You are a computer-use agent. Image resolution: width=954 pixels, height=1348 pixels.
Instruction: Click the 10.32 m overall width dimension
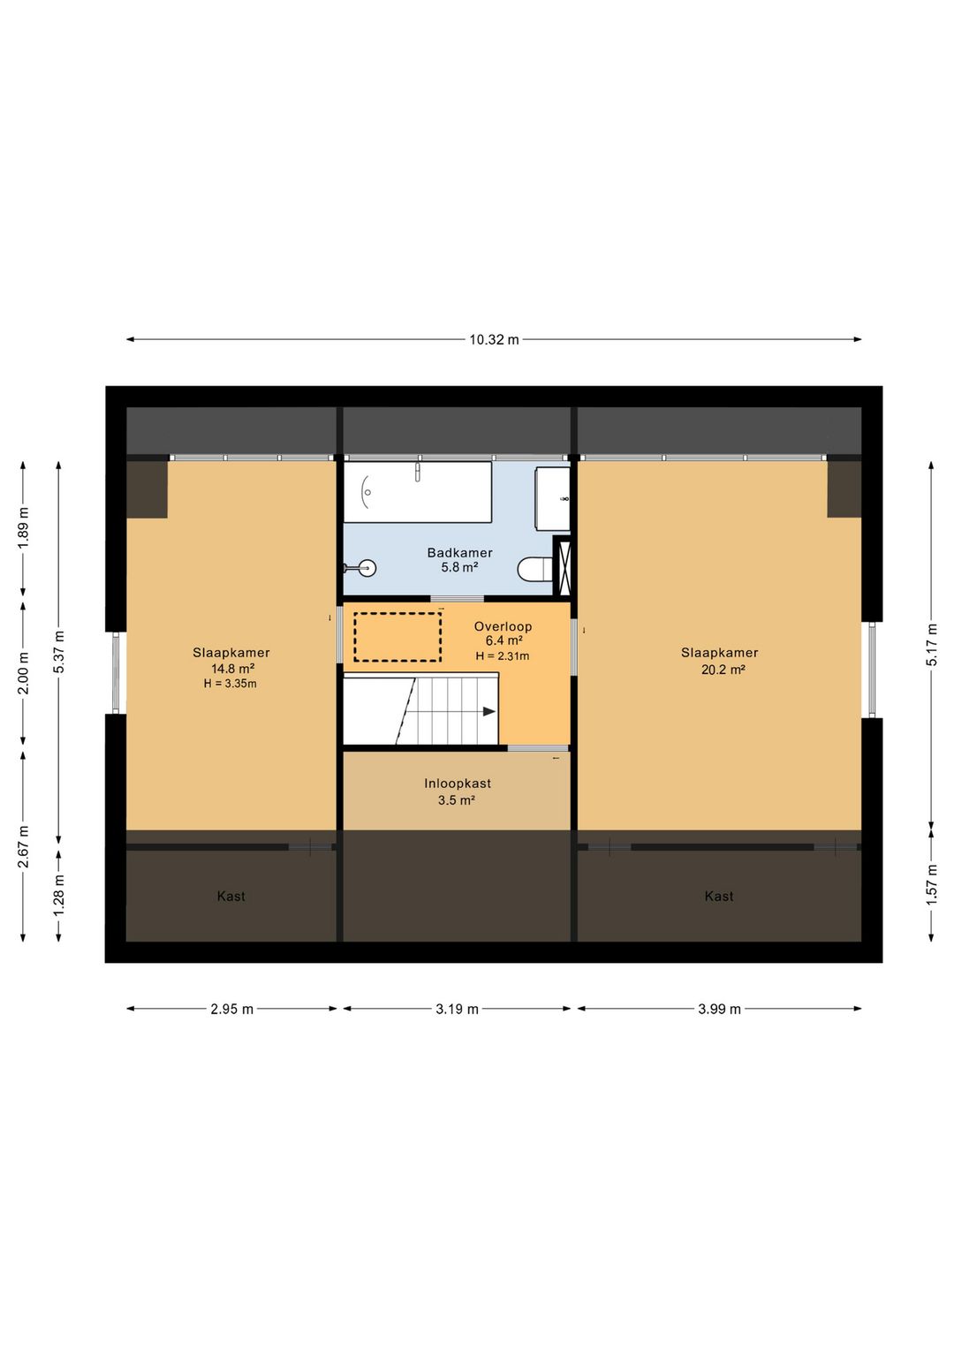point(494,339)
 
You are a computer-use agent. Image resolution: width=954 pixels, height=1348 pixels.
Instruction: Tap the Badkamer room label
point(459,553)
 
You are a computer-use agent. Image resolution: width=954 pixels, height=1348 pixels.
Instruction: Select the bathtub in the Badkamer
point(417,492)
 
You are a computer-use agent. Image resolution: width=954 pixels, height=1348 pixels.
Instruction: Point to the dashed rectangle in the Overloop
point(397,637)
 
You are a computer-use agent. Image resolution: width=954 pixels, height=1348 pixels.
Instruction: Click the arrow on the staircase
point(488,711)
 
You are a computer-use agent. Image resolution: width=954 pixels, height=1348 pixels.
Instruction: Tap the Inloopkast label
point(457,784)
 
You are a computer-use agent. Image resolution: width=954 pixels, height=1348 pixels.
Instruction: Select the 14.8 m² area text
point(232,669)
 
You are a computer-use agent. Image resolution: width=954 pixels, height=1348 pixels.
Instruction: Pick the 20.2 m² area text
point(723,670)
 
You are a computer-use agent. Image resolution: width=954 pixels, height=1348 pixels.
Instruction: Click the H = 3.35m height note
point(230,684)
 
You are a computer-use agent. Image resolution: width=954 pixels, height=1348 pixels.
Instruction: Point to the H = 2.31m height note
point(502,656)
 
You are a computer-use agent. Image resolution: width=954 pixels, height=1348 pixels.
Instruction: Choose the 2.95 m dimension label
point(231,1009)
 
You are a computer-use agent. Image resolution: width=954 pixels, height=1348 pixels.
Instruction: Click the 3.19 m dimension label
point(457,1009)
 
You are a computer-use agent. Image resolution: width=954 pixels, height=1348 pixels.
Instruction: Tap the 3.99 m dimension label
point(719,1009)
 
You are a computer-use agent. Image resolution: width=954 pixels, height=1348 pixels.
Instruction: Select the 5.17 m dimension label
point(932,645)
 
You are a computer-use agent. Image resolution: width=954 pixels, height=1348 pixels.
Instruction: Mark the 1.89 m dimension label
point(24,528)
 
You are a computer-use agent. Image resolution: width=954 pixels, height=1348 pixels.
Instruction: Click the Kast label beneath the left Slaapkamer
point(231,897)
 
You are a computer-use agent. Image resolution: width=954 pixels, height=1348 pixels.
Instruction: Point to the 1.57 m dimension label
point(932,883)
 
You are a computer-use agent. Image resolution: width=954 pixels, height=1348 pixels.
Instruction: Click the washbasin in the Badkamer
point(552,499)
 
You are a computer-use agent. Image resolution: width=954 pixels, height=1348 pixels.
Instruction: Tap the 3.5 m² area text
point(456,800)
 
